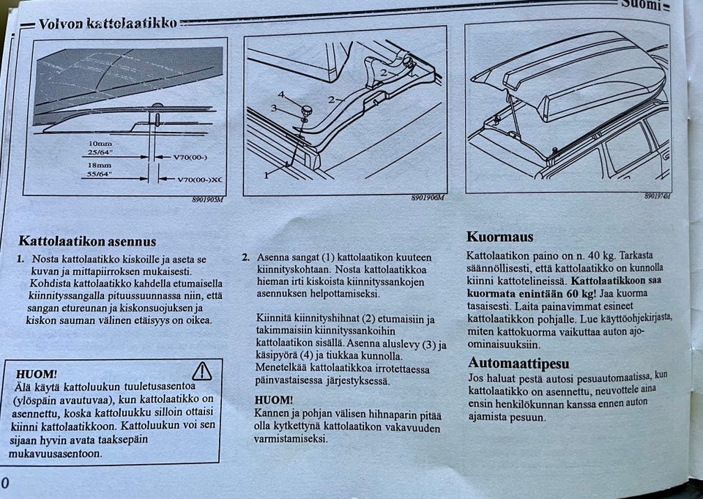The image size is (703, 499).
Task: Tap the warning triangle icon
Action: point(201,372)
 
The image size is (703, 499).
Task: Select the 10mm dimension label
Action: point(100,144)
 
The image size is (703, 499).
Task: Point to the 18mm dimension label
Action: point(100,166)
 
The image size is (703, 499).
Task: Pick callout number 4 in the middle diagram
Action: point(280,94)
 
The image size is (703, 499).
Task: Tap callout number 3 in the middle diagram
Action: point(275,108)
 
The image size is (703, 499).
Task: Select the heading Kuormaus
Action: point(499,237)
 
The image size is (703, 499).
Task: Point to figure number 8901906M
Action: point(426,198)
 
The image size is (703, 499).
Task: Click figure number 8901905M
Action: point(208,199)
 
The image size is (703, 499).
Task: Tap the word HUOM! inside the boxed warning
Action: point(35,374)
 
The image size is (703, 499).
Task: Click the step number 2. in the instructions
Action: point(246,257)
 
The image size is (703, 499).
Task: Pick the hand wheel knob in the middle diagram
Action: point(306,111)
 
